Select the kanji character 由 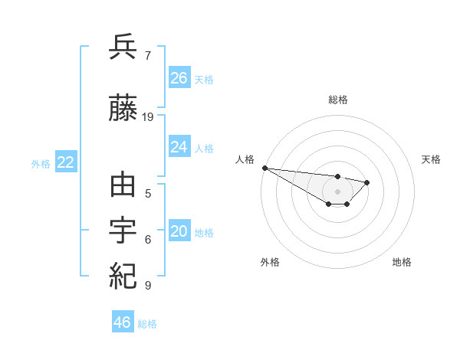(x=123, y=186)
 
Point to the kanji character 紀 (x=123, y=273)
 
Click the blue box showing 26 (x=179, y=78)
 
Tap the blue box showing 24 (x=179, y=147)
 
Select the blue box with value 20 (x=179, y=231)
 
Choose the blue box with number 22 (x=66, y=162)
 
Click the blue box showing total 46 (x=123, y=322)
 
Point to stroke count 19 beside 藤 (x=148, y=117)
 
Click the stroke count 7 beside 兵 (x=148, y=55)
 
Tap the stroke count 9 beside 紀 (x=148, y=286)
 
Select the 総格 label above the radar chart (x=338, y=100)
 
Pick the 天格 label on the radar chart (x=431, y=159)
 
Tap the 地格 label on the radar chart (x=402, y=262)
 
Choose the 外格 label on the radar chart (x=270, y=262)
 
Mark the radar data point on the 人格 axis (x=264, y=168)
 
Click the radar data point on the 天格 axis (x=367, y=182)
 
